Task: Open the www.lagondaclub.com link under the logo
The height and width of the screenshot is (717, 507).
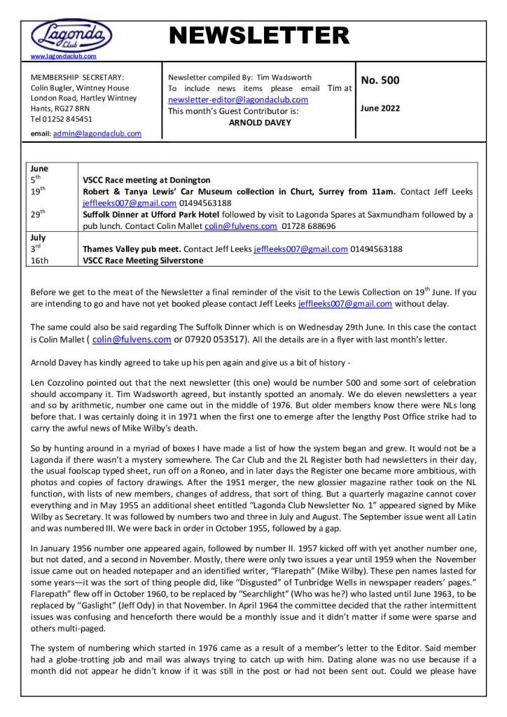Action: [64, 55]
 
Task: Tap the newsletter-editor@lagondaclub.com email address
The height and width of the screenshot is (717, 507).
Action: [238, 99]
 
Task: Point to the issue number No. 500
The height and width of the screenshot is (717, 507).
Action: [380, 81]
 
